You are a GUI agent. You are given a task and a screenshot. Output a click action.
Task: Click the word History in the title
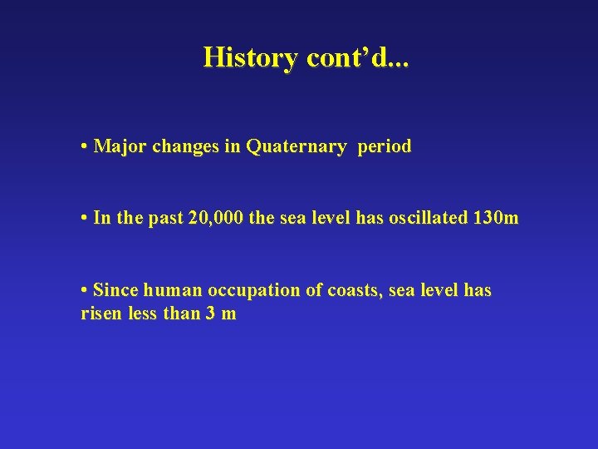[251, 57]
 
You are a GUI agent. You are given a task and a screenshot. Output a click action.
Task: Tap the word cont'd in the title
[349, 57]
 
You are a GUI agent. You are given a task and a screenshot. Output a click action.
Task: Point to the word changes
[186, 147]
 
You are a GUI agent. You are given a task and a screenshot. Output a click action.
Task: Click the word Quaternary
[297, 147]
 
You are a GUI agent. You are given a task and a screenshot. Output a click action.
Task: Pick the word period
[385, 147]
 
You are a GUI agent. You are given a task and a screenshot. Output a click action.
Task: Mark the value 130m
[497, 219]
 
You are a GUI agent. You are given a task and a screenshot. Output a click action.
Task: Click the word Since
[115, 290]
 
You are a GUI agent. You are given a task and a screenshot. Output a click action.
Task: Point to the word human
[170, 290]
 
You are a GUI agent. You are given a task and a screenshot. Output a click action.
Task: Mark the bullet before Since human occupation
[86, 290]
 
